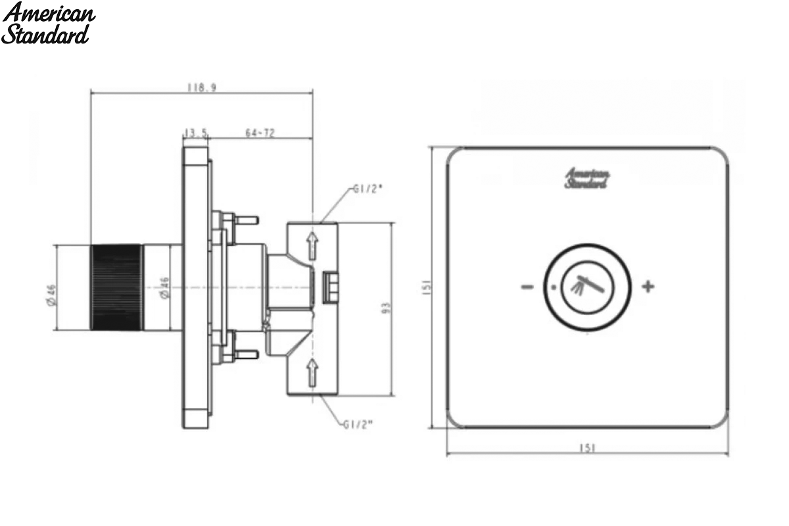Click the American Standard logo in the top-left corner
(48, 23)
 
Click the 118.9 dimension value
(201, 87)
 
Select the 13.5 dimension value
(196, 133)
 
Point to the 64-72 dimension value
(260, 132)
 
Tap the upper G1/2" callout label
(368, 189)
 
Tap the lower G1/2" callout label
(358, 425)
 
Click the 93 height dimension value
(387, 308)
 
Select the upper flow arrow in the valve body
(312, 245)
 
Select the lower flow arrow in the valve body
(312, 372)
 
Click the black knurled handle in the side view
(116, 287)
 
